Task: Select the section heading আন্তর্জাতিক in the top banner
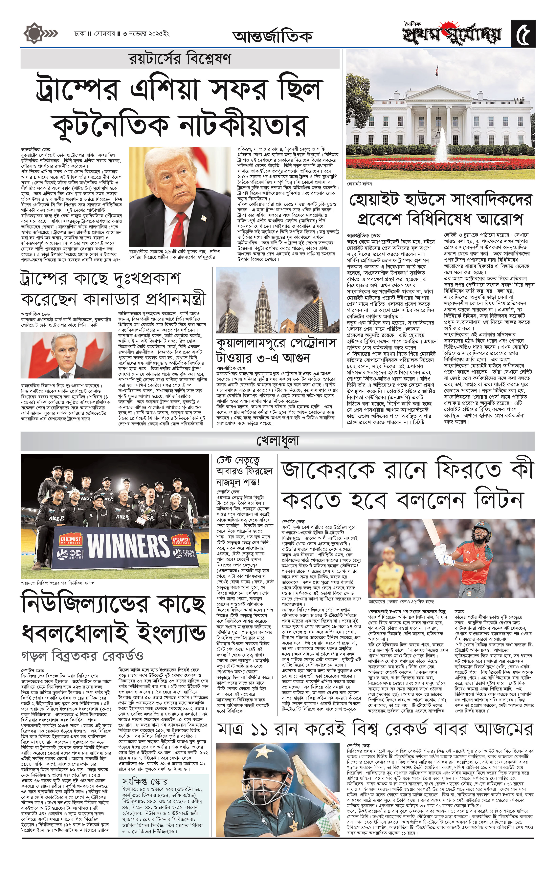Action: pos(272,36)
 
